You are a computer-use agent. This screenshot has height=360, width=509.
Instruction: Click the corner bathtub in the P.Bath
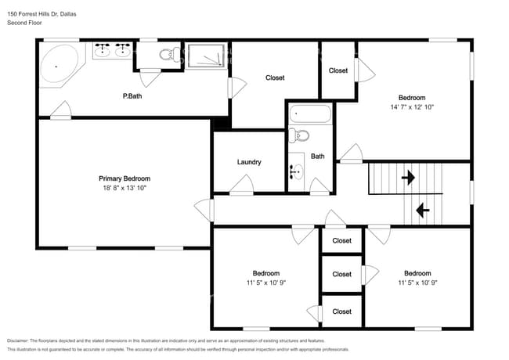(60, 64)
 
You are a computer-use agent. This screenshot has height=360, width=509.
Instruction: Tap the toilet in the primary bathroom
(170, 54)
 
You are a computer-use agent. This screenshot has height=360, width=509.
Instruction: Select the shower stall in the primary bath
(207, 56)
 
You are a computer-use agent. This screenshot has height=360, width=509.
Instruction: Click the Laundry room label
(249, 162)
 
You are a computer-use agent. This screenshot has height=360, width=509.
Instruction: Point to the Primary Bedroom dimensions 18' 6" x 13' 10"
(125, 188)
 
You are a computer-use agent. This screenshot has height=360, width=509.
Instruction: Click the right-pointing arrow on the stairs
(408, 178)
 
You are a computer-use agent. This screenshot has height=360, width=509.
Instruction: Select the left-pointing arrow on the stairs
(423, 211)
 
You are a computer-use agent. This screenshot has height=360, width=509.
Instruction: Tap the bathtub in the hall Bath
(310, 113)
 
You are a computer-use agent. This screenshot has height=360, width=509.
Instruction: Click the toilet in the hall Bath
(299, 135)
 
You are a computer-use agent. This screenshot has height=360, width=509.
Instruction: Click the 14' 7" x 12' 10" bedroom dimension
(412, 107)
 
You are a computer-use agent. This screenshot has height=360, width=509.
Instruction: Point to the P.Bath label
(132, 96)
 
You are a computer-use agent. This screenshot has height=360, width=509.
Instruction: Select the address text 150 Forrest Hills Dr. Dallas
(42, 14)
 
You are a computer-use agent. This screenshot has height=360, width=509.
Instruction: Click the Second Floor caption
(24, 23)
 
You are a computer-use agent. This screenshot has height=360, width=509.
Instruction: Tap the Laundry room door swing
(241, 185)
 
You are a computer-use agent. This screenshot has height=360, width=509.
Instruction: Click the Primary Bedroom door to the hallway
(204, 211)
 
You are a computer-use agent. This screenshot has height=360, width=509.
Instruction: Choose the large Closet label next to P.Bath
(275, 77)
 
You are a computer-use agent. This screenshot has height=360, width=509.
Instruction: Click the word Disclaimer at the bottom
(18, 341)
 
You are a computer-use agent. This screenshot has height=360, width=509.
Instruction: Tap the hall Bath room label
(317, 157)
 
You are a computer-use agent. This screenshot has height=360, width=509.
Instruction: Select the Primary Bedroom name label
(125, 178)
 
